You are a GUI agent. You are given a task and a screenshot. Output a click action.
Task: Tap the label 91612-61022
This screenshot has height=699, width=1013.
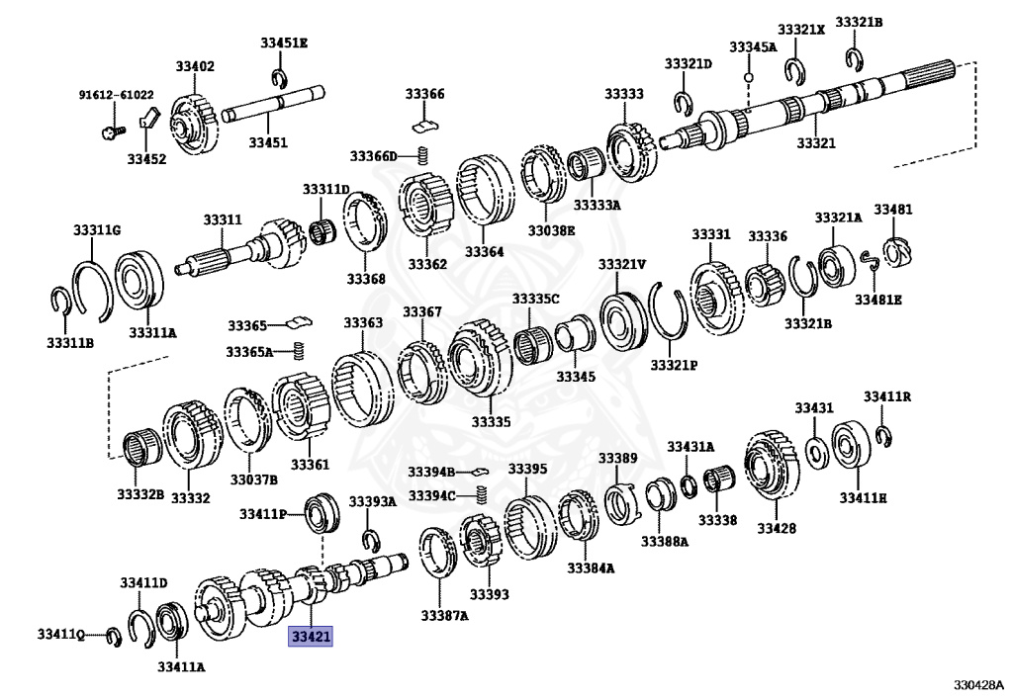tap(117, 95)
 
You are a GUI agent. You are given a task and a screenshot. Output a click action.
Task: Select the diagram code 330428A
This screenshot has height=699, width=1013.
tap(978, 684)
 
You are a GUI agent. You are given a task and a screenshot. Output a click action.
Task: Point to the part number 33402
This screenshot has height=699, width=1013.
tap(195, 66)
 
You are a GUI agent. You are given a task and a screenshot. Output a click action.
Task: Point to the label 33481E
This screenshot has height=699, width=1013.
tap(878, 299)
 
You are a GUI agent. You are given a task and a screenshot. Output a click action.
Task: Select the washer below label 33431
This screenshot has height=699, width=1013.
tap(816, 453)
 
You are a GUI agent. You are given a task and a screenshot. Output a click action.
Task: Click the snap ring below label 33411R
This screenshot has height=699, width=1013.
tap(885, 434)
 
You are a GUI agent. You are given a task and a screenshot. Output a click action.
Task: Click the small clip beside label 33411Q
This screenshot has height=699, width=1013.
tap(113, 635)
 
